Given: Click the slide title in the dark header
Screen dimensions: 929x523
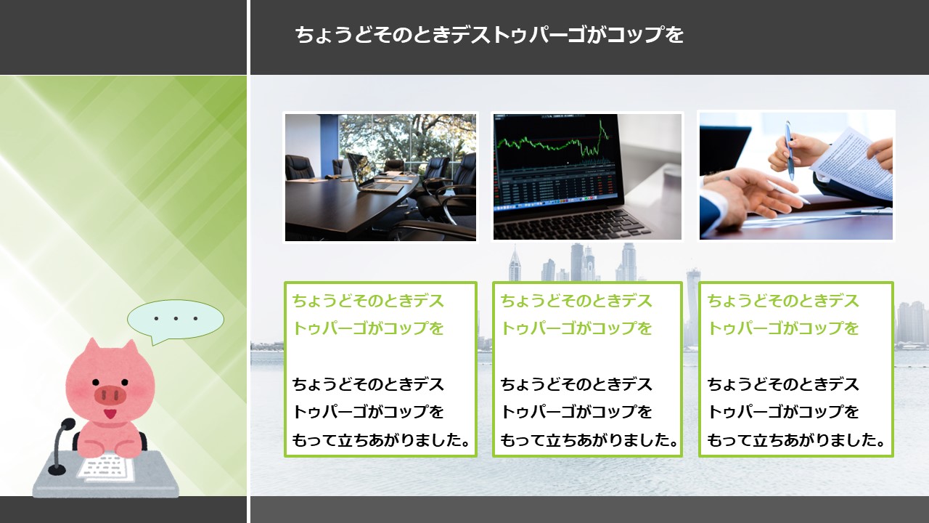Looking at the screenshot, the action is [x=489, y=35].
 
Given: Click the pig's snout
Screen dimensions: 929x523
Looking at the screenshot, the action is [x=110, y=394].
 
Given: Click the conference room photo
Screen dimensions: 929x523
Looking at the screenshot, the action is [x=380, y=177].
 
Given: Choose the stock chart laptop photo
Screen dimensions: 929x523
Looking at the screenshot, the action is [x=587, y=177].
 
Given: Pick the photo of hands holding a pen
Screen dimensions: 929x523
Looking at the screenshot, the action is [x=796, y=176].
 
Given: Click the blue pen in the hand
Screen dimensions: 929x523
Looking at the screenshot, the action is [x=789, y=150].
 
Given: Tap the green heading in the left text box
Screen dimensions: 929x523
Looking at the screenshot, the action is [x=368, y=315].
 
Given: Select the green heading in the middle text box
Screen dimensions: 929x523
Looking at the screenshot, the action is [x=576, y=315].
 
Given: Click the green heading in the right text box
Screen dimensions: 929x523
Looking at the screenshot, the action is [x=782, y=315].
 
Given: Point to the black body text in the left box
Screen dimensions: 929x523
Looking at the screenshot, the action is [x=381, y=412].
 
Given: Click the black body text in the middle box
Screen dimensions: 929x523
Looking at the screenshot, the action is [x=589, y=412].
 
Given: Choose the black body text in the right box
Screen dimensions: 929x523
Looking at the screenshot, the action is [x=796, y=412].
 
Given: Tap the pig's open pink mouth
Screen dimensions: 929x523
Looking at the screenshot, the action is [x=110, y=414].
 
